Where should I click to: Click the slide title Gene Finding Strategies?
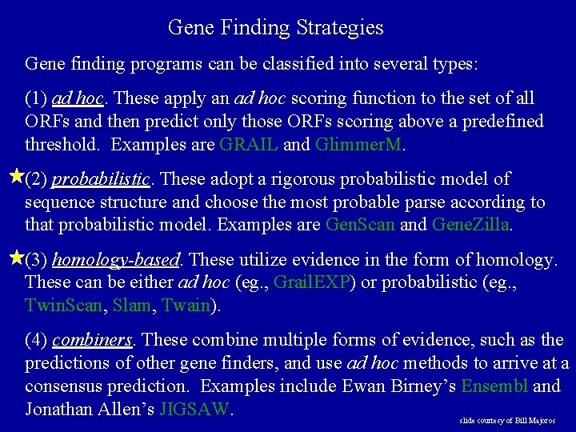276,28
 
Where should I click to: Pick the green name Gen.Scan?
361,225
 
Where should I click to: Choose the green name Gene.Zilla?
470,225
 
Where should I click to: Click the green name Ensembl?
494,386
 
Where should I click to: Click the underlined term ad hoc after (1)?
78,98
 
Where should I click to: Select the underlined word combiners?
91,340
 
